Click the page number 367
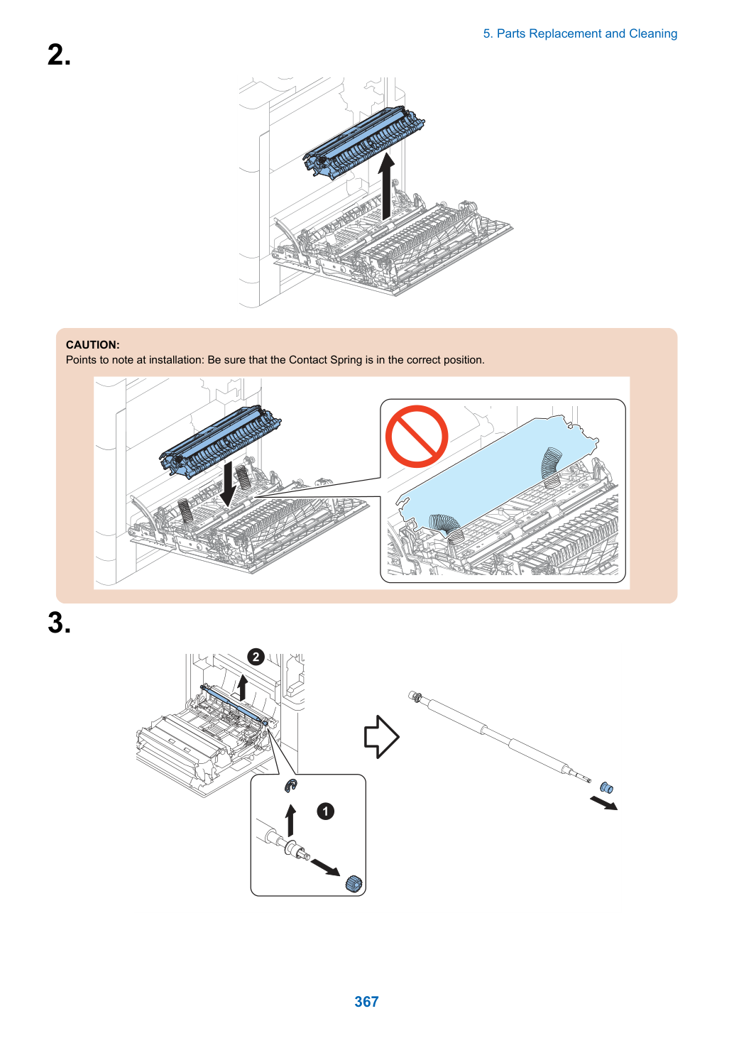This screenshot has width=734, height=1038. pos(366,1001)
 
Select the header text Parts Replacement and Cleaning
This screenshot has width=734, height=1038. pos(586,34)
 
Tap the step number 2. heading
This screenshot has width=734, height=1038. pos(59,55)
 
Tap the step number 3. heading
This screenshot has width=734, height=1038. pos(59,623)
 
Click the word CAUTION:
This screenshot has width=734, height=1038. pos(93,345)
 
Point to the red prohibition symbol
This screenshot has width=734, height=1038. pos(417,436)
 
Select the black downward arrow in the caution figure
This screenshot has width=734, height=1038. pos(227,484)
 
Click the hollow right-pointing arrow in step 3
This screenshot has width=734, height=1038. pos(381,736)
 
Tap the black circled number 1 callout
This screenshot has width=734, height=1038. pos(325,811)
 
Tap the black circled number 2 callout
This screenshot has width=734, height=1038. pos(256,657)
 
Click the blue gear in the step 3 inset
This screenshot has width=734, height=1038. pos(354,883)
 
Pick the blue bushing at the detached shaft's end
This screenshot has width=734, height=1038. pos(606,787)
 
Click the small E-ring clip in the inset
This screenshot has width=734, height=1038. pos(291,785)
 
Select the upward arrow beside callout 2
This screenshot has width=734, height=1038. pos(241,688)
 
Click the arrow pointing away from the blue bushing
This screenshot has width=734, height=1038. pos(603,803)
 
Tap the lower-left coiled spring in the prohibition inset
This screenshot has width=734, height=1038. pos(445,526)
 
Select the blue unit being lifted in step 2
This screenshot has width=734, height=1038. pos(363,141)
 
